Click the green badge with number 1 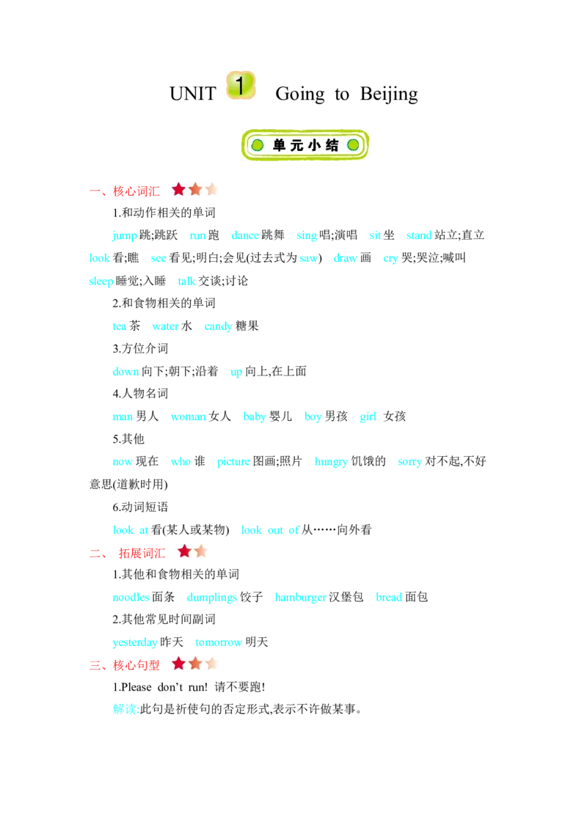[x=241, y=86]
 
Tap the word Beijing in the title [x=389, y=95]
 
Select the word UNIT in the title [x=193, y=94]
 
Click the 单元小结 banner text [x=305, y=145]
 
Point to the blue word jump [x=125, y=235]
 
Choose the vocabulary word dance [x=245, y=235]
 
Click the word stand [x=418, y=235]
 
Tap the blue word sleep [x=101, y=281]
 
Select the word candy [x=218, y=326]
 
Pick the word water [x=165, y=326]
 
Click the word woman [x=188, y=416]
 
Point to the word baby [x=255, y=416]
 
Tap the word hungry [x=331, y=462]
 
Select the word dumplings [x=212, y=598]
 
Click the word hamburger [x=300, y=598]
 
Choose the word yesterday [x=135, y=642]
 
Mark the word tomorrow [x=219, y=642]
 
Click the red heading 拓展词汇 [x=142, y=554]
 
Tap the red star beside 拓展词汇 [x=184, y=551]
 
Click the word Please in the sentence [x=136, y=687]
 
